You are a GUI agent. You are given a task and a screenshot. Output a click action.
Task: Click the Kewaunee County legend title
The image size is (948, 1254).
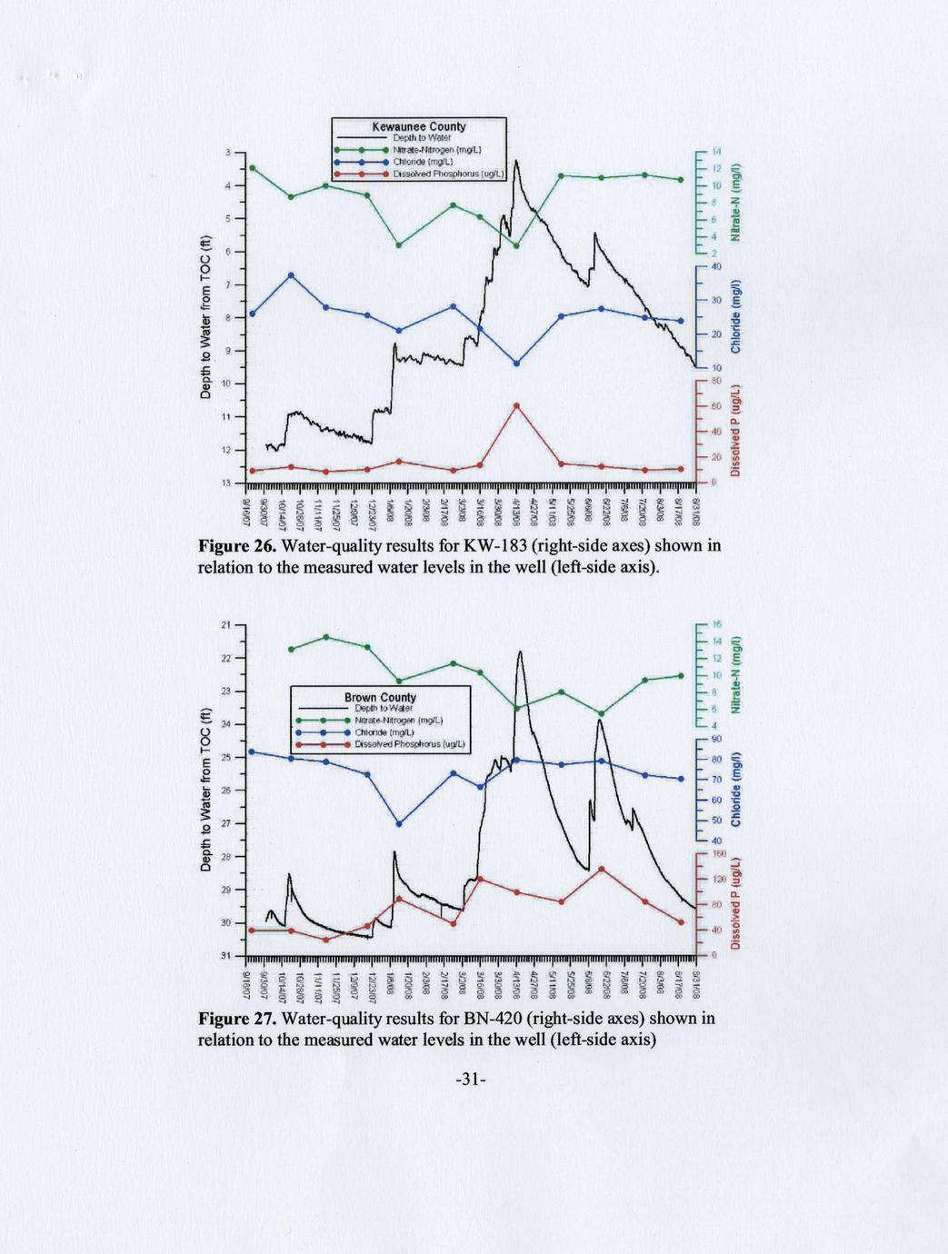419,126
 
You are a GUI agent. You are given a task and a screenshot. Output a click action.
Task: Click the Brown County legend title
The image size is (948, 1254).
380,698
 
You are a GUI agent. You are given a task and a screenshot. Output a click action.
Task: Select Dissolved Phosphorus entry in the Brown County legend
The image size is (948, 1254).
410,743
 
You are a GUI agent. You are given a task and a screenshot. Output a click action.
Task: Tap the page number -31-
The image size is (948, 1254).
473,1080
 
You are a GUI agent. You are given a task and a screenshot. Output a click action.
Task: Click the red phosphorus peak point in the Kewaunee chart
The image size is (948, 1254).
517,405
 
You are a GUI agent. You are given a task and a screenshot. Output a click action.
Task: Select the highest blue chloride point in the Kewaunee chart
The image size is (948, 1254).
291,274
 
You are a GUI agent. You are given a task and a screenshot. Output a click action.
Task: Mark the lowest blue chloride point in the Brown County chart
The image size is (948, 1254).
399,823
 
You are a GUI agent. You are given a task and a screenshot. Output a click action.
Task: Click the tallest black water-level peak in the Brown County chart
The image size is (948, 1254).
520,652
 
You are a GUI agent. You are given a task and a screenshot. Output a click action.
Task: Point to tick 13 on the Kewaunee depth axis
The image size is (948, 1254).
228,483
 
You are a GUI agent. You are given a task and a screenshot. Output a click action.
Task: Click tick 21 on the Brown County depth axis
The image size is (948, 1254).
226,624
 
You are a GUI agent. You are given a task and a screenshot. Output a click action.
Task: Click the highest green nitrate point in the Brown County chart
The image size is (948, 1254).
326,637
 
